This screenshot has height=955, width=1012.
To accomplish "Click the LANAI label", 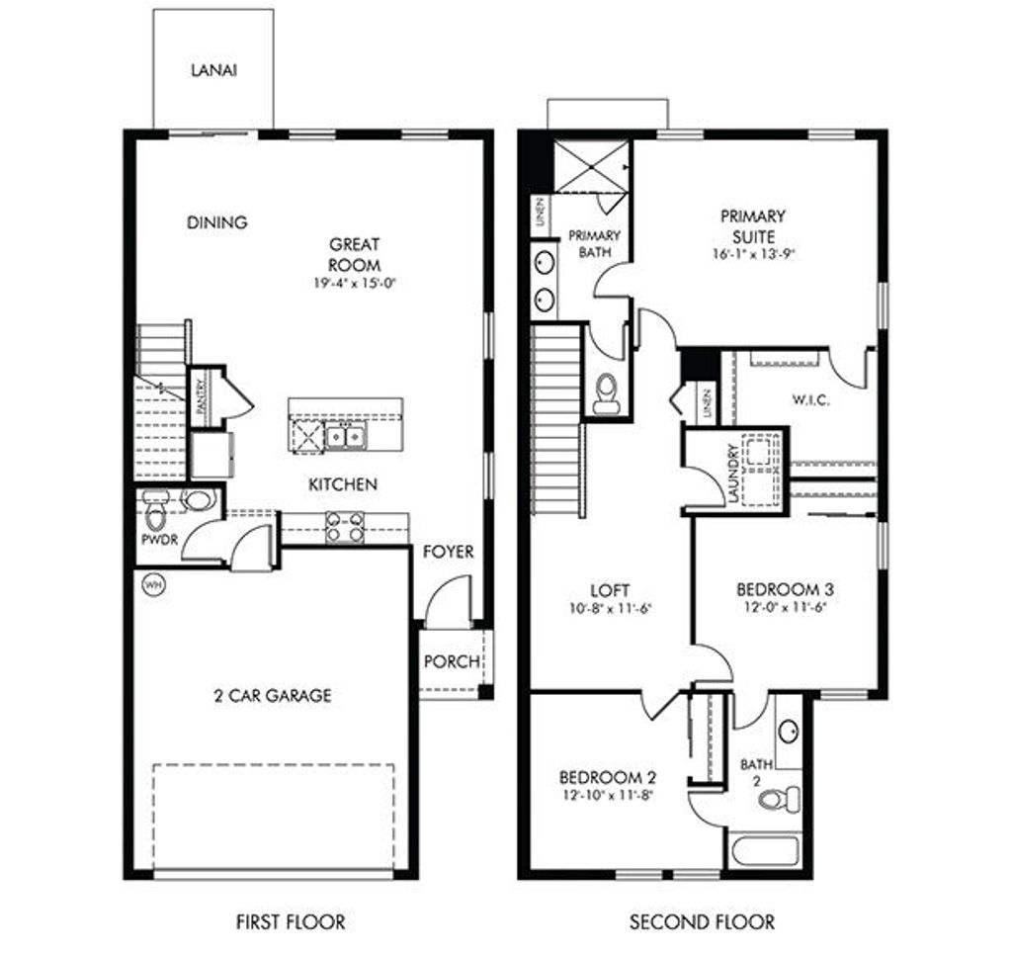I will tap(213, 71).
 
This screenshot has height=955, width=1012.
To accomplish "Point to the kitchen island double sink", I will tap(345, 435).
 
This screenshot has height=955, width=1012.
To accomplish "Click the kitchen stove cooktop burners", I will tap(345, 527).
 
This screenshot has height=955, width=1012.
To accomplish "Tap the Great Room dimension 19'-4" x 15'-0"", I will tap(355, 284).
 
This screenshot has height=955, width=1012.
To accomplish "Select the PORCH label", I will tap(452, 661).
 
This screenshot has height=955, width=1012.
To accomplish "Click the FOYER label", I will tap(448, 552).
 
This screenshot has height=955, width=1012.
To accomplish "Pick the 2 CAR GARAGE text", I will tap(273, 695).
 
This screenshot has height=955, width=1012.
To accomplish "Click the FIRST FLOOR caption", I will tap(291, 922).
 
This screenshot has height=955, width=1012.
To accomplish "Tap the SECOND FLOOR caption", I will tap(702, 922).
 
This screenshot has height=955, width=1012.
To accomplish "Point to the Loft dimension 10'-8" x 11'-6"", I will tap(611, 608).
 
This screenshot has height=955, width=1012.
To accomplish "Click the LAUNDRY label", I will tap(733, 474).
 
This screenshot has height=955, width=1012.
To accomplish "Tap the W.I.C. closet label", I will tap(810, 400).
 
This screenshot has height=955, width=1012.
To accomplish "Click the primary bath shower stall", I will tap(590, 164).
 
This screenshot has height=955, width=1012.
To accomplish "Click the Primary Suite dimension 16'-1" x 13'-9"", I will tap(752, 253).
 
